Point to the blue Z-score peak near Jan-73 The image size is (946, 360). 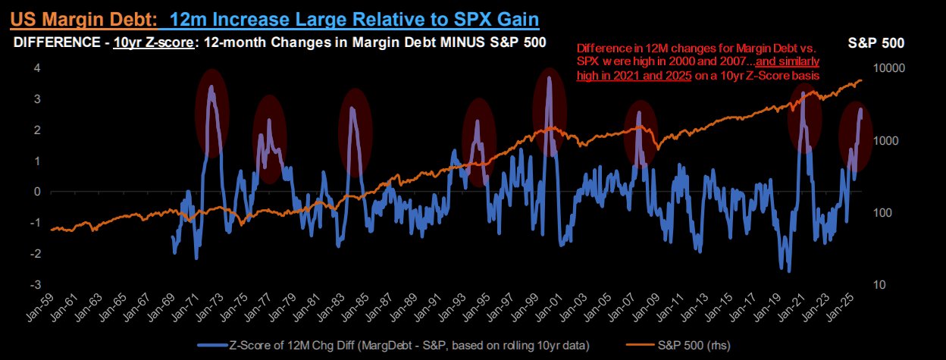(211, 87)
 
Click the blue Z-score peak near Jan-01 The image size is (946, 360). (548, 77)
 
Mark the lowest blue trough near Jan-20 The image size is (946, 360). (789, 271)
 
